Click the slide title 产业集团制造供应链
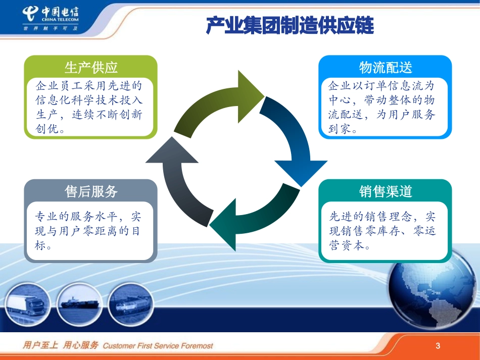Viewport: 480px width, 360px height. click(290, 25)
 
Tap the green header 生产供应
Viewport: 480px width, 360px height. click(91, 67)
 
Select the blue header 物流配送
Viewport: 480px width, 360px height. click(386, 67)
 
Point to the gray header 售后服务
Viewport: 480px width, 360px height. click(91, 191)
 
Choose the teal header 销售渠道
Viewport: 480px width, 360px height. click(386, 191)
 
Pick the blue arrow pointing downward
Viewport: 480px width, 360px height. click(293, 141)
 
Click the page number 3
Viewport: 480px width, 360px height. click(438, 346)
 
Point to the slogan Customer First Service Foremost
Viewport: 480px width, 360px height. click(158, 346)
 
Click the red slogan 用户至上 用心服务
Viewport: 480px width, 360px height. click(61, 346)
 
